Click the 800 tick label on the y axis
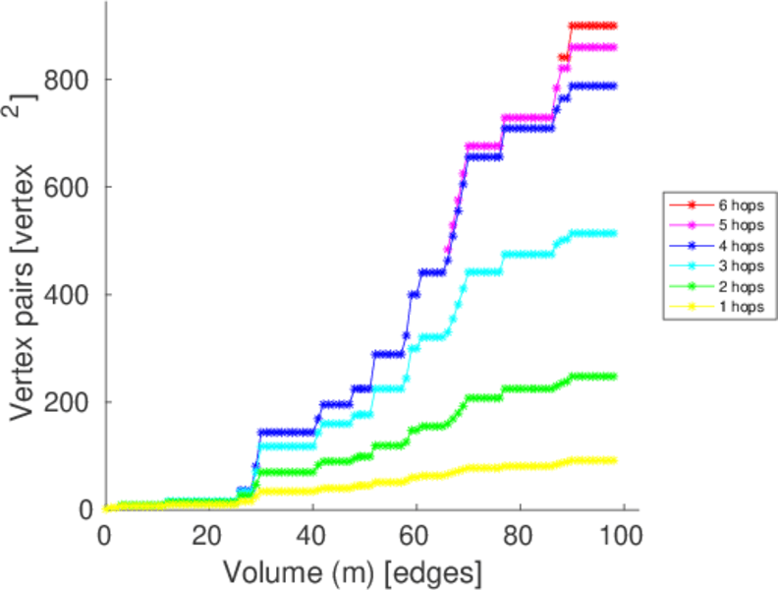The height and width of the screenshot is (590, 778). (72, 79)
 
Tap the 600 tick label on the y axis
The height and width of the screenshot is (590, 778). (72, 187)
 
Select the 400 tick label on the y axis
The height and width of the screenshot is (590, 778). (72, 294)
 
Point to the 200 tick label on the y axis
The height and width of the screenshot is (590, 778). (72, 402)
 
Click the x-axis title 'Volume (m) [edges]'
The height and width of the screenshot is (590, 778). (353, 571)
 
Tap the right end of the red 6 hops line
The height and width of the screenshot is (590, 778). (614, 26)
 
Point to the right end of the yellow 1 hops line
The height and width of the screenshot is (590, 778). (614, 460)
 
